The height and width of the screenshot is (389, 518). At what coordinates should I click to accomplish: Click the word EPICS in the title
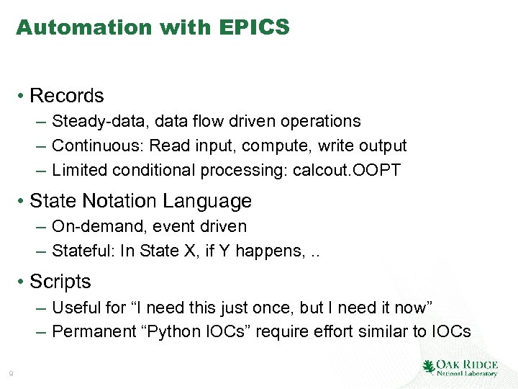tap(257, 27)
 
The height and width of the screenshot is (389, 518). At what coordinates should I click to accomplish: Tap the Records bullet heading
tap(67, 96)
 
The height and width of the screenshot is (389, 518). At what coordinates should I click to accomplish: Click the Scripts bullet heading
tap(60, 282)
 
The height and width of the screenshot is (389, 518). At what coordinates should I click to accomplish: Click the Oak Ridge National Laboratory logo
tap(460, 367)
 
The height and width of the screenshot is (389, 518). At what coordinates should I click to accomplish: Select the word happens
tap(276, 251)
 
